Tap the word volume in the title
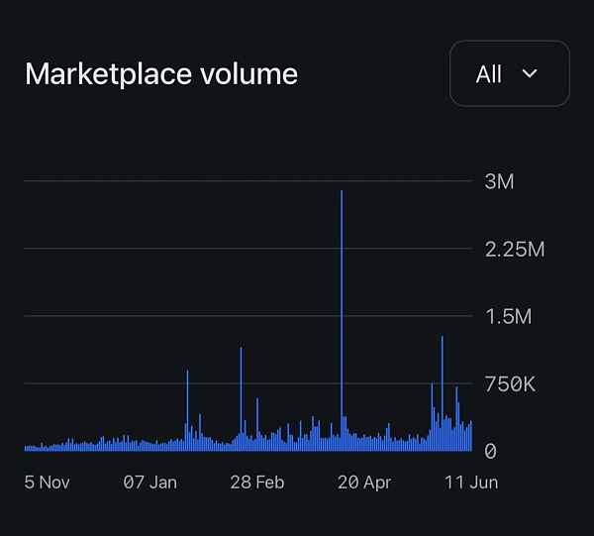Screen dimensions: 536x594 tap(251, 74)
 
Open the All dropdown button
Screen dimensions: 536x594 tap(509, 73)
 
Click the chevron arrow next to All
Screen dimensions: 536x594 tap(530, 73)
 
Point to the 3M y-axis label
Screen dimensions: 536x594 tap(499, 181)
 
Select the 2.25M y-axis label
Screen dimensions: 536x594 tap(514, 249)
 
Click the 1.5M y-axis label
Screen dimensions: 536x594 tap(508, 316)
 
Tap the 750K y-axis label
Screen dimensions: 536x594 tap(509, 383)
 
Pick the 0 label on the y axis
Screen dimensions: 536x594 tap(490, 451)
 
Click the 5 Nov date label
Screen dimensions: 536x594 tap(47, 482)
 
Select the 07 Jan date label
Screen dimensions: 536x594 tap(149, 482)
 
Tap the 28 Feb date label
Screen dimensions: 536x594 tap(256, 482)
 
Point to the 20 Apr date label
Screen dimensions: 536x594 tap(363, 482)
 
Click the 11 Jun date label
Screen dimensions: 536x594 tap(470, 482)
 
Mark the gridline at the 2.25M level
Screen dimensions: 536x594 tap(247, 249)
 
